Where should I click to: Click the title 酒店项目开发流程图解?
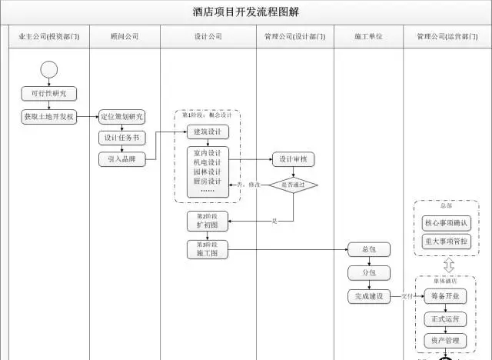pos(246,12)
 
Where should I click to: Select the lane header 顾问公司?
pos(125,37)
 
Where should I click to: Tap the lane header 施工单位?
pos(368,37)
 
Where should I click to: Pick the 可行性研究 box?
pos(49,94)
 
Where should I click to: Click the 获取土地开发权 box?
pos(49,117)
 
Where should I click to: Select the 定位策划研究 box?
pos(122,117)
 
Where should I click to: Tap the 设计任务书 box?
pos(122,138)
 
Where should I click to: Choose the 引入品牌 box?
pos(122,159)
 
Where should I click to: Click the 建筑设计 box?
pos(207,132)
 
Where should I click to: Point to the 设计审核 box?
pos(293,159)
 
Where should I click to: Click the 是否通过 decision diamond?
pos(293,185)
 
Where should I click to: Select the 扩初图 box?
pos(207,222)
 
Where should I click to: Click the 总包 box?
pos(368,249)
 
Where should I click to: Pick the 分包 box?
pos(368,272)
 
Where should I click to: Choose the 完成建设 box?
pos(368,296)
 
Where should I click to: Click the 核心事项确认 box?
pos(446,223)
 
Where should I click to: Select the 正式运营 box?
pos(446,318)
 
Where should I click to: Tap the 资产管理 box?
pos(446,340)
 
